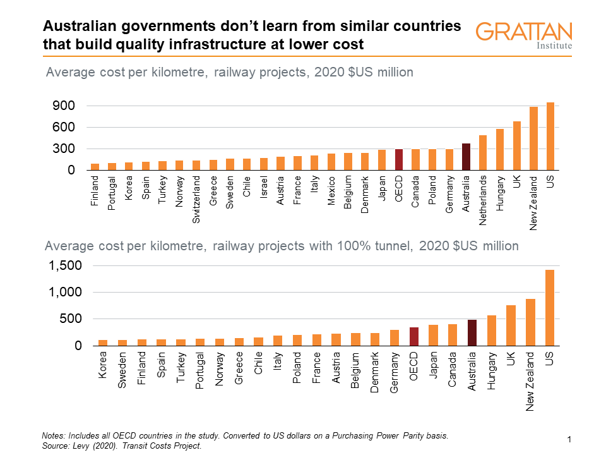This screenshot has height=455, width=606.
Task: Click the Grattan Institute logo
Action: pos(524,35)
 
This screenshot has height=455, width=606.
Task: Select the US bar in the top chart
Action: pos(550,136)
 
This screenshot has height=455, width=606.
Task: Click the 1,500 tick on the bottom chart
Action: pos(66,266)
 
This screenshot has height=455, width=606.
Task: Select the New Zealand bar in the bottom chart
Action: pos(530,322)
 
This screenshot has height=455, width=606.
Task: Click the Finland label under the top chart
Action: pos(95,193)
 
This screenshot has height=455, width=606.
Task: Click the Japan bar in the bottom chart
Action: pos(433,336)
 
